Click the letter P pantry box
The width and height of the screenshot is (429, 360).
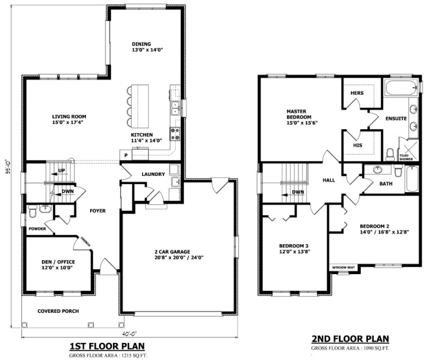(x=125, y=155)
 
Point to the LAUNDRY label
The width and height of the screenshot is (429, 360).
(x=153, y=174)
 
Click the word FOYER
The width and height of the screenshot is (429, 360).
(x=98, y=211)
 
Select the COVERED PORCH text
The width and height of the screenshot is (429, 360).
(x=58, y=311)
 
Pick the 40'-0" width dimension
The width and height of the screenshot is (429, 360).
(x=129, y=333)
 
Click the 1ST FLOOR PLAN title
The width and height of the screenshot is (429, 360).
(x=107, y=346)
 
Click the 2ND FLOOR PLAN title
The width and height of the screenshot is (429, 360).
(x=350, y=339)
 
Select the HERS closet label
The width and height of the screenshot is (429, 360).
(x=357, y=93)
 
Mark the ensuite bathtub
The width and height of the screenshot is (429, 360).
(x=400, y=86)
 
